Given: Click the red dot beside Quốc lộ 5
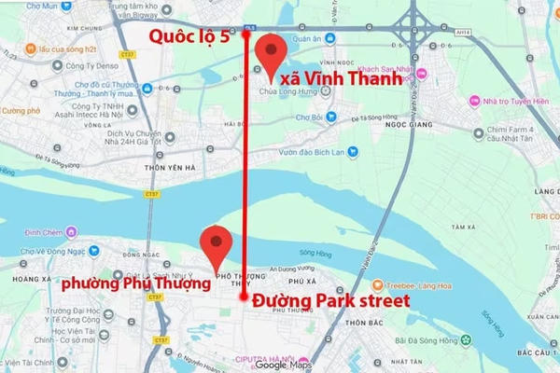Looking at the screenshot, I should [x=245, y=35].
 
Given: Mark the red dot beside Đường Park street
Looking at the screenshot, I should [x=243, y=297].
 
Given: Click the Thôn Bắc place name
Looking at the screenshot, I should [x=366, y=324].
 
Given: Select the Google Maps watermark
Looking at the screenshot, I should [x=286, y=365].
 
